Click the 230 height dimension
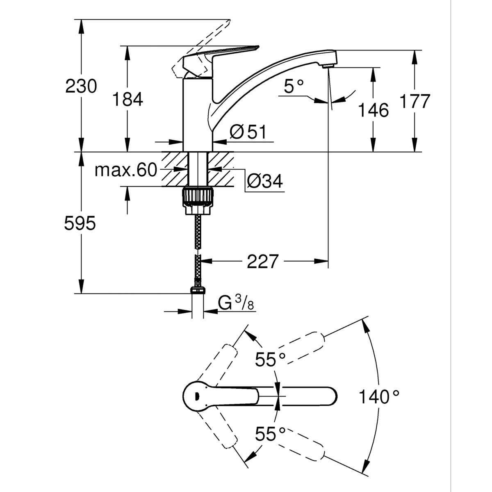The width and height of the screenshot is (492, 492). pyautogui.click(x=81, y=87)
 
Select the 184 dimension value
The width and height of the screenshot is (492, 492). pyautogui.click(x=128, y=100)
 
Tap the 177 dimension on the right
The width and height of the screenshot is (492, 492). pyautogui.click(x=415, y=101)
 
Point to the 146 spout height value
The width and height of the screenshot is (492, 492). pyautogui.click(x=373, y=110)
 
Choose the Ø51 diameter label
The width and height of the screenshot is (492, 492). pyautogui.click(x=248, y=132)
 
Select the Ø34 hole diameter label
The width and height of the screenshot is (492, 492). pyautogui.click(x=265, y=181)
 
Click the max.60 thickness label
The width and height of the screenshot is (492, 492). pyautogui.click(x=126, y=170)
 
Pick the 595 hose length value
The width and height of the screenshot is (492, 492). pyautogui.click(x=80, y=223)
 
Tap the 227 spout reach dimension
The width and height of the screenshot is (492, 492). pyautogui.click(x=263, y=261)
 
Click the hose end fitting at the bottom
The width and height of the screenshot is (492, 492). pyautogui.click(x=198, y=290)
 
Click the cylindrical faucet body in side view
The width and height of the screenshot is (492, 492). pyautogui.click(x=197, y=115)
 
